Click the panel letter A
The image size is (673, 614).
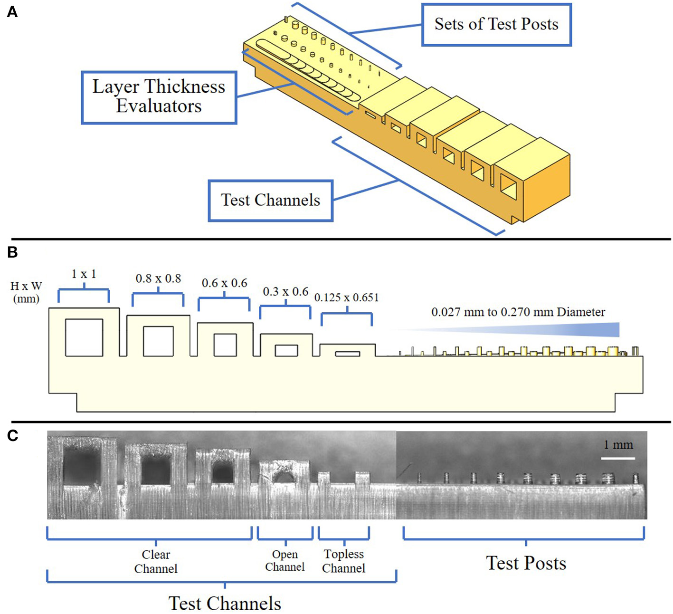click(x=12, y=12)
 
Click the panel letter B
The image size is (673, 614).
click(x=12, y=252)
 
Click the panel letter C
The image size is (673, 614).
click(x=13, y=436)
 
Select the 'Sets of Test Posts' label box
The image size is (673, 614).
click(x=496, y=25)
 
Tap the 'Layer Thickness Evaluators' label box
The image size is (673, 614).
click(x=159, y=97)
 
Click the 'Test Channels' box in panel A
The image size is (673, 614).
click(x=270, y=200)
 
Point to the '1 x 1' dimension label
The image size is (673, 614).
click(x=84, y=274)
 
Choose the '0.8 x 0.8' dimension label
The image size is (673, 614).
click(x=158, y=278)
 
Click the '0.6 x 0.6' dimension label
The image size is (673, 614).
click(x=224, y=283)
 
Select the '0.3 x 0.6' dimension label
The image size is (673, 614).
click(x=285, y=292)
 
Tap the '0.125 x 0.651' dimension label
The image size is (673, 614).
click(x=346, y=298)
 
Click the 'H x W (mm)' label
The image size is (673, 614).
click(x=26, y=292)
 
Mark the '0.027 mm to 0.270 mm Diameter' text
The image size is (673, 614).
click(x=518, y=312)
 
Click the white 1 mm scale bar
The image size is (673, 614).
click(x=618, y=458)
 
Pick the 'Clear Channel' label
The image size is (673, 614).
click(x=156, y=561)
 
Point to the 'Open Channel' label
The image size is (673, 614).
click(x=285, y=561)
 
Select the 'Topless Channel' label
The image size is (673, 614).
click(x=343, y=561)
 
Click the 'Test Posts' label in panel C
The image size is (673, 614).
click(x=526, y=563)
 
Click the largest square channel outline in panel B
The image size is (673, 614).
click(x=84, y=337)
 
